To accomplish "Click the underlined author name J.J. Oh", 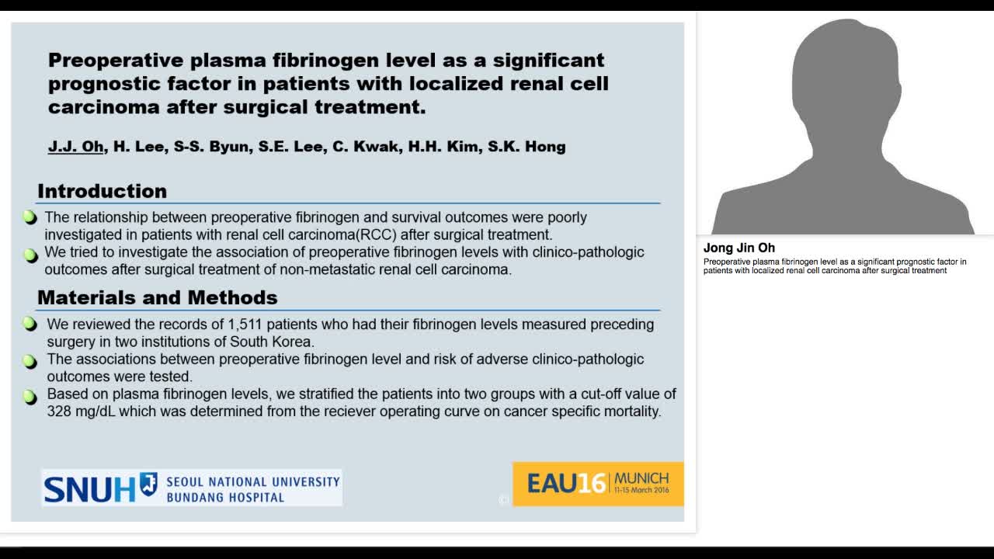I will coord(76,146).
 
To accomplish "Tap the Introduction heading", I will coord(102,191).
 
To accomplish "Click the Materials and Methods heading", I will coord(157,297).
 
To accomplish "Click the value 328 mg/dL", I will coord(81,411).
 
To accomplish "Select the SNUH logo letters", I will coord(89,488).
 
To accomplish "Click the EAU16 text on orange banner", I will coord(566,484).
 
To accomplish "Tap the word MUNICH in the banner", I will coord(641,478).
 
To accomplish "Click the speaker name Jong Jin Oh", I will coord(739,248).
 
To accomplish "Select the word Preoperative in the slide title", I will coord(116,60).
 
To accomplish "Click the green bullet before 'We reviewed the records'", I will coord(30,324).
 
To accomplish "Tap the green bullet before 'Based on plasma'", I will coord(30,398).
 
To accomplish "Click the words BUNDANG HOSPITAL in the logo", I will coord(225,497).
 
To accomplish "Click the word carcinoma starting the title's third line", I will coord(103,107).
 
